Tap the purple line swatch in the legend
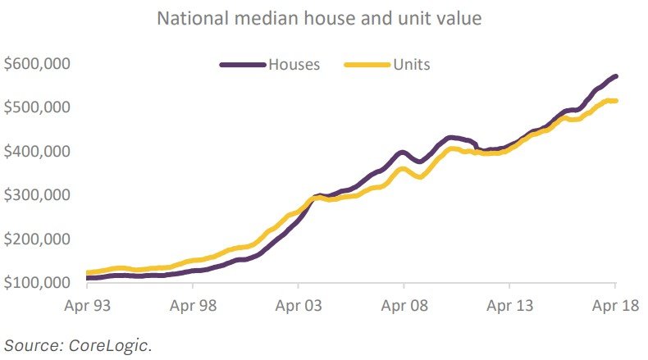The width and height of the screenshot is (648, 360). point(243,64)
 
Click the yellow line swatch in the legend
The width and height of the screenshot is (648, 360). point(367,64)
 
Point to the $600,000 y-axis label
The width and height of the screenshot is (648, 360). point(38,64)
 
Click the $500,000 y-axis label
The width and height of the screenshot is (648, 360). point(38,107)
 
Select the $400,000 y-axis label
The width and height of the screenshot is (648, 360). point(38,152)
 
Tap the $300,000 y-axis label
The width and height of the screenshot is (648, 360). point(38,195)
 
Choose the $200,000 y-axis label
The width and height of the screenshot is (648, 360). point(38,239)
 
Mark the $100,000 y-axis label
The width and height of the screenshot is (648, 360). point(38,283)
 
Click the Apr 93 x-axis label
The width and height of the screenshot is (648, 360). point(87,307)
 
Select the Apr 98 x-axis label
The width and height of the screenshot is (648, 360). point(193,307)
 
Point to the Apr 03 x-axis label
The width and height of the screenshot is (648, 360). point(299,307)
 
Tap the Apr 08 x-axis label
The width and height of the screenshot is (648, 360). point(404,307)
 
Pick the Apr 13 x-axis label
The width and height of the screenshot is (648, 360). point(510,307)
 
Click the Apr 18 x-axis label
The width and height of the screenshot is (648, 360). point(616,307)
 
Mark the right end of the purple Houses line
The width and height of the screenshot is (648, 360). point(616,76)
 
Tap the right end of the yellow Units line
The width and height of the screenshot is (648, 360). point(616,101)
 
